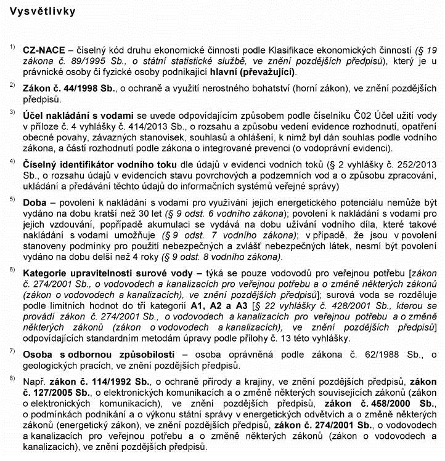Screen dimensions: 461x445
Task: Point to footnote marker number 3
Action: click(12, 113)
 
